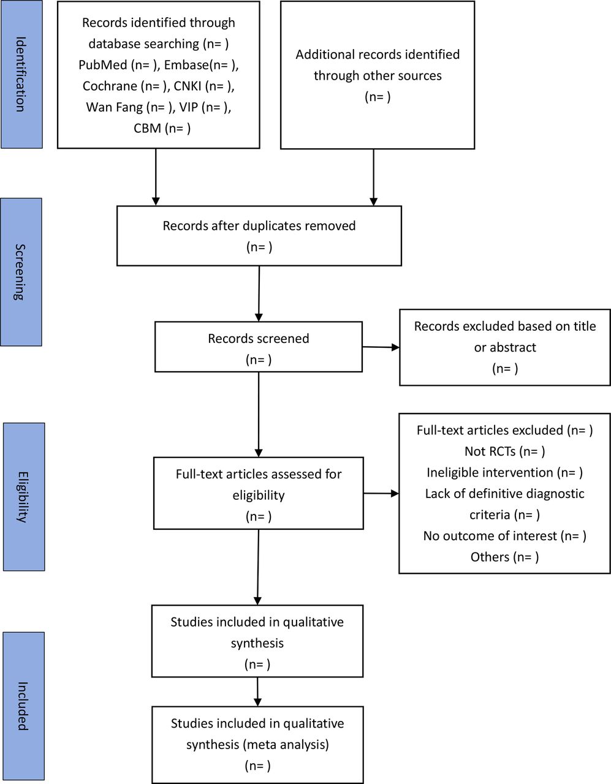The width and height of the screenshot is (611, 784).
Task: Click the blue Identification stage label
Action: click(21, 74)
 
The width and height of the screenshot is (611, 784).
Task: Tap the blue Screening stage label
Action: click(21, 272)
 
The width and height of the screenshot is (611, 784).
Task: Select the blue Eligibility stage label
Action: click(24, 497)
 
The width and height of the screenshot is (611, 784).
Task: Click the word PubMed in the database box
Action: click(103, 65)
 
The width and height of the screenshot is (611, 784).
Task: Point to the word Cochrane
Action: click(110, 86)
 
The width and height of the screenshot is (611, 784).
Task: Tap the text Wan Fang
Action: click(114, 107)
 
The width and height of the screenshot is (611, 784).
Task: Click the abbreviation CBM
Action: click(147, 128)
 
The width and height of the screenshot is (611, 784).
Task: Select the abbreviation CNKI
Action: click(188, 86)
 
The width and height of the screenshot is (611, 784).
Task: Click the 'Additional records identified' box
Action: click(378, 75)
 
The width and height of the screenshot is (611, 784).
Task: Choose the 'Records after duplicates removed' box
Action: click(259, 236)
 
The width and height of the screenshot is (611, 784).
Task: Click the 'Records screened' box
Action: click(259, 347)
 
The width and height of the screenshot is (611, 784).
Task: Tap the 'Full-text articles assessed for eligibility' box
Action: click(259, 493)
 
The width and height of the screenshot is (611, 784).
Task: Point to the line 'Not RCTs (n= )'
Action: click(504, 451)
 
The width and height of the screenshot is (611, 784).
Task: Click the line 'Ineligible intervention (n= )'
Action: click(504, 472)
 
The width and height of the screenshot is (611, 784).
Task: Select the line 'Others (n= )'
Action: click(504, 557)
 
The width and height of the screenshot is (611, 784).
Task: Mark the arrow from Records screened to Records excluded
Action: click(381, 347)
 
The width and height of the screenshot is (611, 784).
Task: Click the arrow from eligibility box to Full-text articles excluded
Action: click(381, 493)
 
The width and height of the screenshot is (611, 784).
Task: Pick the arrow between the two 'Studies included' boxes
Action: click(257, 692)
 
